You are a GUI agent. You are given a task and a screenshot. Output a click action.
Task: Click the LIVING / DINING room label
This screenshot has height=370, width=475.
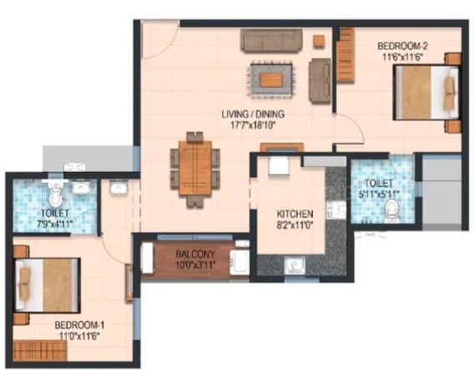[x=253, y=114]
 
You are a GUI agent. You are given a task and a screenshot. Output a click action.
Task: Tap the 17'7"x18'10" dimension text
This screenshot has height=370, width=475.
[x=253, y=125]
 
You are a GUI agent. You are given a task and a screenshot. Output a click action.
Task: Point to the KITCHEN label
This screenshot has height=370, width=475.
[x=295, y=214]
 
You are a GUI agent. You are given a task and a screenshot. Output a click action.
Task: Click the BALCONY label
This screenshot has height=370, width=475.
[x=195, y=254]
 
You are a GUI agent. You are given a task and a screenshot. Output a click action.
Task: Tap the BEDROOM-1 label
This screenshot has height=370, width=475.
[x=79, y=325]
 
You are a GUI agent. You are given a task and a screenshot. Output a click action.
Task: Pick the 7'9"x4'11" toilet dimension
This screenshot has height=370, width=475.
[x=55, y=225]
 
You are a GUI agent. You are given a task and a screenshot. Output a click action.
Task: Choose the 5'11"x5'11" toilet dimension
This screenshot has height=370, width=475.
[x=379, y=195]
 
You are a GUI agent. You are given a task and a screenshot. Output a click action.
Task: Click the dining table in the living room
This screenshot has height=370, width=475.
[x=195, y=168]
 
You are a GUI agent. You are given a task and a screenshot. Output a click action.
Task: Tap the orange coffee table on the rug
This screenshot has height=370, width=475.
[x=271, y=79]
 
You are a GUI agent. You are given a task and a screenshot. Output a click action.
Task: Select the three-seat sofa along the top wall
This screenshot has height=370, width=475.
[x=271, y=40]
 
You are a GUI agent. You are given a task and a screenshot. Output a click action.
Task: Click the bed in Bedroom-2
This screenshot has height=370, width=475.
[x=427, y=93]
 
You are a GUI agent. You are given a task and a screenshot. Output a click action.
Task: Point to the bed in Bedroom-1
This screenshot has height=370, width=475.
[x=48, y=285]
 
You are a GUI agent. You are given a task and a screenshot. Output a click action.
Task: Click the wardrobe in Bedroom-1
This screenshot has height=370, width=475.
[x=40, y=350]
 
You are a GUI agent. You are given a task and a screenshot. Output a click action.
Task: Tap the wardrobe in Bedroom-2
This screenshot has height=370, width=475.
[x=346, y=54]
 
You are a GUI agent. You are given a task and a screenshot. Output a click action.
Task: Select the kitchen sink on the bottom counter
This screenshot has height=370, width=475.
[x=295, y=265]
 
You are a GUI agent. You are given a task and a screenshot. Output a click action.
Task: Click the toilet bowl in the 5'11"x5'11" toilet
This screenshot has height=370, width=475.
[x=391, y=211]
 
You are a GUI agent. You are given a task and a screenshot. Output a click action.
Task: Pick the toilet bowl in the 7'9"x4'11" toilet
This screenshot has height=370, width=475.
[x=55, y=195]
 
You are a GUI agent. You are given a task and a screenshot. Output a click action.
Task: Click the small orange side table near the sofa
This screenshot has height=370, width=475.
[x=319, y=41]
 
